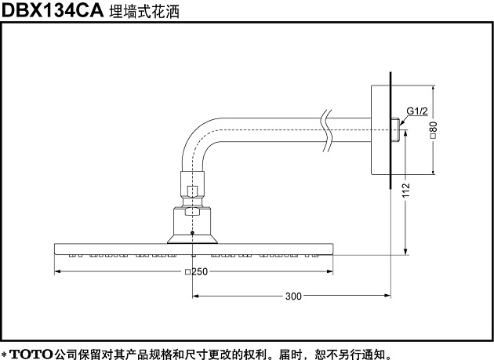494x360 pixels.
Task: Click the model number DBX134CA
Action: click(53, 10)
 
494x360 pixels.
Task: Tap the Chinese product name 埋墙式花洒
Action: click(144, 12)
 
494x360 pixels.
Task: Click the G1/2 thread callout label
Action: click(417, 111)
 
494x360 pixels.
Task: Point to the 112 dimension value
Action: click(406, 190)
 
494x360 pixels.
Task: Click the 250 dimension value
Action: click(200, 271)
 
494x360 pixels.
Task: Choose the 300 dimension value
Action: click(293, 296)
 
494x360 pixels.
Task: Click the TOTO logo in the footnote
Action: click(31, 354)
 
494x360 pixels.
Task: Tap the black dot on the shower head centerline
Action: click(192, 233)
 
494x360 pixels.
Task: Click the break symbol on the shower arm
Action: click(327, 131)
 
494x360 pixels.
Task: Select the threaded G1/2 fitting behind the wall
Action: click(396, 129)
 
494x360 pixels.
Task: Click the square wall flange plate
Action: click(380, 129)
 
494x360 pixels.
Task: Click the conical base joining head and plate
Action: click(192, 239)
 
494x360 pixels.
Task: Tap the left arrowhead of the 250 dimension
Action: click(57, 271)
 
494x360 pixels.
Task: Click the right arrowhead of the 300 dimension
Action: click(387, 296)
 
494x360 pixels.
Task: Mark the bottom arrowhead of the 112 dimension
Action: click(406, 251)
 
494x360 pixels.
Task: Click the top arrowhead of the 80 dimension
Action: click(434, 89)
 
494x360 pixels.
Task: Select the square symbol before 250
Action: click(187, 271)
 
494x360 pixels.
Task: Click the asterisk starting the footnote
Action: click(4, 354)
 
